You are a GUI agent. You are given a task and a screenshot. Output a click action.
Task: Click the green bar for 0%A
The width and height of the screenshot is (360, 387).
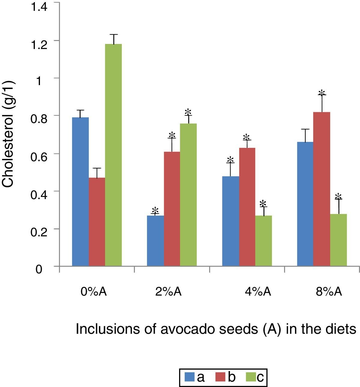pos(113,155)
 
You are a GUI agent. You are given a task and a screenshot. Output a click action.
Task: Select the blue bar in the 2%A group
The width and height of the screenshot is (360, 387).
pos(155,241)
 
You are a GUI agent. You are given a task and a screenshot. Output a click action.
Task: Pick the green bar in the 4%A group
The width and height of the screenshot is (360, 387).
pos(264,241)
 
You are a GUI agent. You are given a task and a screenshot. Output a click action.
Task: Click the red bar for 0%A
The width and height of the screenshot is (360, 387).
pos(97,222)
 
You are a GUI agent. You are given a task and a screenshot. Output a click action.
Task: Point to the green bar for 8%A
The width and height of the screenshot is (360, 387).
pos(338,240)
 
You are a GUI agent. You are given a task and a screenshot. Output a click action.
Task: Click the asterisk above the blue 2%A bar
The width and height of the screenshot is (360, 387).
pos(155,210)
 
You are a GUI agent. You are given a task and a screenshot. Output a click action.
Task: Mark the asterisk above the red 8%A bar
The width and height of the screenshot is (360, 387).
pos(322,93)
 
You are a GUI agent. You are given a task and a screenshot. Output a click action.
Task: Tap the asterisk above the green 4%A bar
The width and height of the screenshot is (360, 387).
pos(263,203)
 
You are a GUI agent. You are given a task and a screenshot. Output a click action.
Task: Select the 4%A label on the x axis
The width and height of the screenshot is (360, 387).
pos(258,292)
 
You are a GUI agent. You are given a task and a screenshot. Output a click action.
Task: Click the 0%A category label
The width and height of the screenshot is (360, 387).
pos(93,292)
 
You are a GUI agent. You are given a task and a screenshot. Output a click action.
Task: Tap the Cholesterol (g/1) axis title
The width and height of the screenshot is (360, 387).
pos(8,134)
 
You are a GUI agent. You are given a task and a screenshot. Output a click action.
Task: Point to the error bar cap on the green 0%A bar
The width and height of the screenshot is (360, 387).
pos(114,35)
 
